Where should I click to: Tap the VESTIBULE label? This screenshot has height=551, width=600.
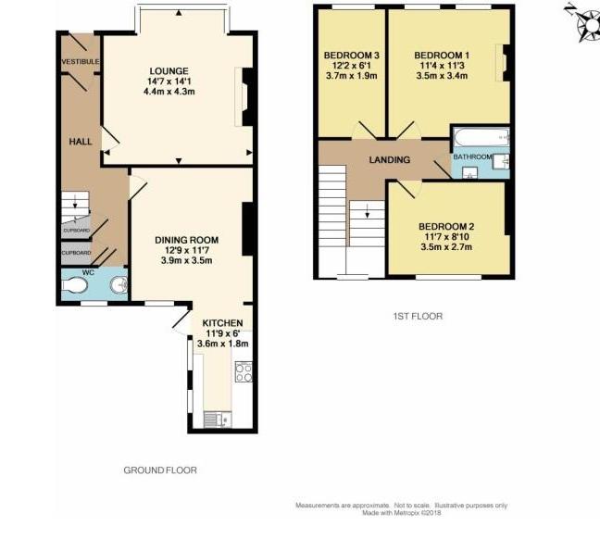(x=81, y=62)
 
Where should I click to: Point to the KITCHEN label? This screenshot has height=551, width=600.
(x=222, y=322)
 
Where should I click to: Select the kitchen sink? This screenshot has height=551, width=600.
(x=215, y=420)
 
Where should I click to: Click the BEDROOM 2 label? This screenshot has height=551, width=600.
(x=446, y=226)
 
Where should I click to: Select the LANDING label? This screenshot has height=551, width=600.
(x=389, y=160)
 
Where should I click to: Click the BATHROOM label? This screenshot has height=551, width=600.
(x=472, y=157)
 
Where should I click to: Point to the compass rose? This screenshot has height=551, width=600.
(x=585, y=25)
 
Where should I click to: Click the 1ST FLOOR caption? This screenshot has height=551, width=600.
(x=418, y=316)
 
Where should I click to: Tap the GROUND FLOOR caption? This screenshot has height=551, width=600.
(x=160, y=470)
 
